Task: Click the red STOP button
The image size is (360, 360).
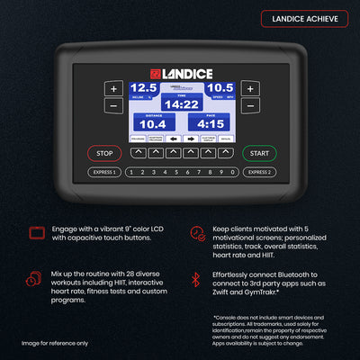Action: click(104, 154)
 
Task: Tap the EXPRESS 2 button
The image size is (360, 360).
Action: click(259, 172)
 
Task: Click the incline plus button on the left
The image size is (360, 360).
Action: click(113, 89)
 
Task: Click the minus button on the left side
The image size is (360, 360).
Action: click(113, 106)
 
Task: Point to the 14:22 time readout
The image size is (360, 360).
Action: click(181, 104)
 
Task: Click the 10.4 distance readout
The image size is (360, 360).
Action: click(151, 122)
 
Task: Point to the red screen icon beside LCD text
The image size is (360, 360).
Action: click(36, 233)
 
